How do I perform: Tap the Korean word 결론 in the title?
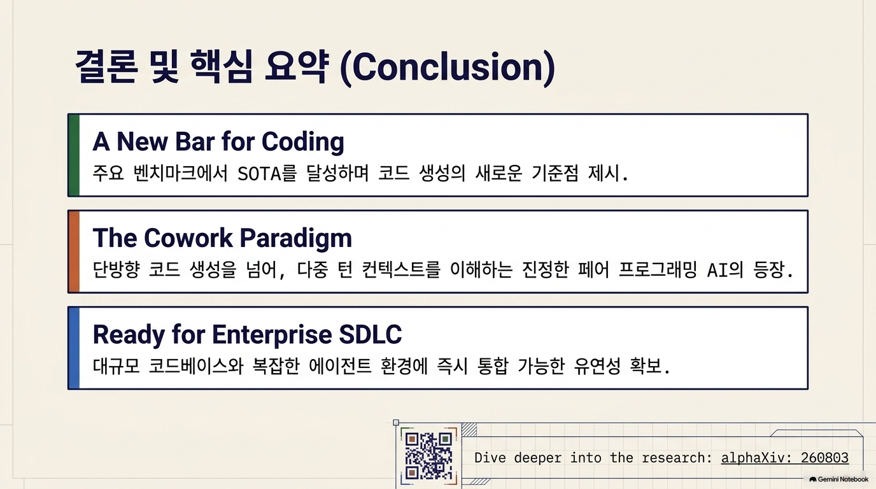click(x=106, y=66)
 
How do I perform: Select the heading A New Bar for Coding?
click(x=218, y=141)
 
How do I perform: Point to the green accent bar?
click(x=74, y=155)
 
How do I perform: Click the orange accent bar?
click(x=74, y=252)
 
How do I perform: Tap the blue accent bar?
click(x=74, y=348)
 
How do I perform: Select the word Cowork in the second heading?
click(x=188, y=238)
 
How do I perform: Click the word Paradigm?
click(x=295, y=239)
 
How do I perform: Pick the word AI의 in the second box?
click(x=725, y=269)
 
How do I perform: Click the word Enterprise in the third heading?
click(x=272, y=335)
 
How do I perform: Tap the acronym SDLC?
click(x=371, y=334)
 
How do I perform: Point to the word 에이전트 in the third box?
click(x=340, y=365)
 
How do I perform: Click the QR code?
click(x=428, y=456)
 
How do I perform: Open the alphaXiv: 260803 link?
click(x=785, y=458)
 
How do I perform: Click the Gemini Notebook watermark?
click(x=839, y=479)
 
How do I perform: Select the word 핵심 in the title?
click(x=222, y=66)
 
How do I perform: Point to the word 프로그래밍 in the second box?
click(x=658, y=269)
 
